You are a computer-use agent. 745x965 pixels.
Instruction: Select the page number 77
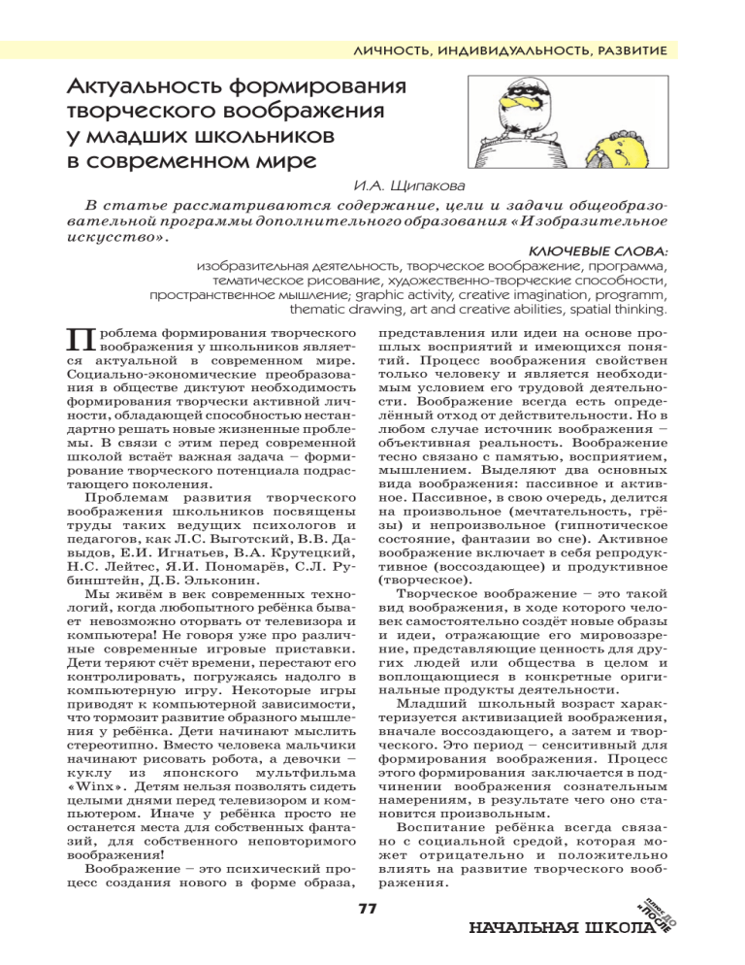(x=366, y=909)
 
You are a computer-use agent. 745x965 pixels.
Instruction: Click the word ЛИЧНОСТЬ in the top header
(x=393, y=49)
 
